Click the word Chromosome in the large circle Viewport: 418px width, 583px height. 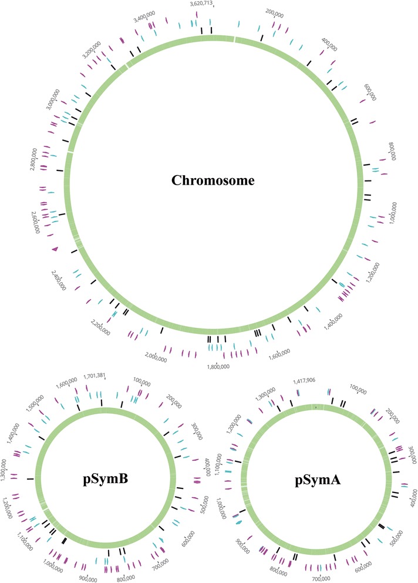coord(213,180)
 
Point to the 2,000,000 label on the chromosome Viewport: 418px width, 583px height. coord(159,355)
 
